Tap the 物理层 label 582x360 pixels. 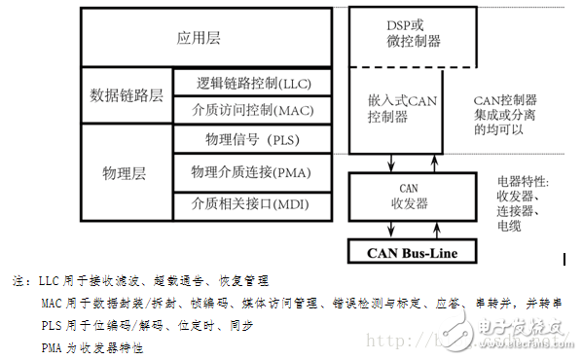[x=126, y=172]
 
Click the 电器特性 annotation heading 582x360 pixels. [x=525, y=182]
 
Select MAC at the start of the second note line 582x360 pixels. [x=52, y=303]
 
